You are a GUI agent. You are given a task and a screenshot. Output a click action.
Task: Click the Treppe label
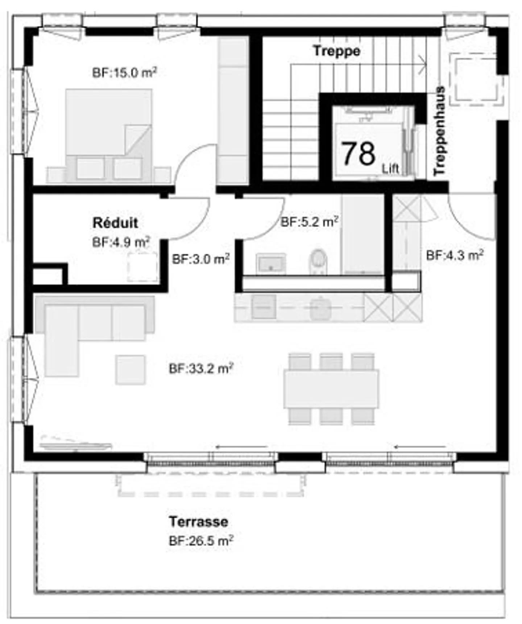tap(337, 51)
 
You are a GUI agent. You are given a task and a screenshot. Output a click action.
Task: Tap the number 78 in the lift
tap(359, 154)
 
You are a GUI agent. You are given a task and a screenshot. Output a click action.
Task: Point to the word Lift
tap(390, 169)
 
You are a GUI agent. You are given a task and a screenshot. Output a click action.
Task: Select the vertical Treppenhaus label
tap(439, 131)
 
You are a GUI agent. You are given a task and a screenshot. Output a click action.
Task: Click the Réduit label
tap(115, 223)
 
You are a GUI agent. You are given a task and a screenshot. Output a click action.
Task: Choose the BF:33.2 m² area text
tap(201, 369)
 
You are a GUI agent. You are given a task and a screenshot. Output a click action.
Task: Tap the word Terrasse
tap(199, 522)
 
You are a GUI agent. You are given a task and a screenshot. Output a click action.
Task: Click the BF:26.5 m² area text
tap(201, 541)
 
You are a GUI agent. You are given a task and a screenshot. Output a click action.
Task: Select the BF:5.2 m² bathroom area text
tap(310, 221)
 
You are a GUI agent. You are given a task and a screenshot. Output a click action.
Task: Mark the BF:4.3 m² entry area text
tap(455, 255)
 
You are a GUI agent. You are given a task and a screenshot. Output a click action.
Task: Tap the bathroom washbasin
tap(271, 264)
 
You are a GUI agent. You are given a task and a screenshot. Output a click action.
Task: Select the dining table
tap(331, 388)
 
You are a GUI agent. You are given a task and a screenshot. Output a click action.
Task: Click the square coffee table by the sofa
tap(130, 370)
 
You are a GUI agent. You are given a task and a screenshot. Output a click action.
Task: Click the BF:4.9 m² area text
tap(121, 242)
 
